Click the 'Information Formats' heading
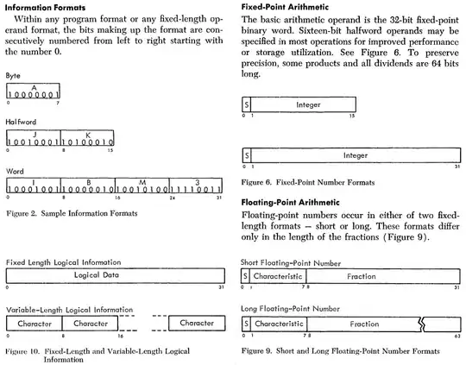(x=45, y=8)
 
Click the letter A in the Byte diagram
(x=35, y=88)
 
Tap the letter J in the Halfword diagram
(x=35, y=135)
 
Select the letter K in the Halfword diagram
(x=88, y=135)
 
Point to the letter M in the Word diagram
(x=142, y=182)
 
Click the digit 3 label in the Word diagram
(x=197, y=182)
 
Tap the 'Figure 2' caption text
(x=72, y=213)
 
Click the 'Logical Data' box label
(x=97, y=275)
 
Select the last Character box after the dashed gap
(x=197, y=323)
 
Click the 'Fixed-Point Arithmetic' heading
(x=285, y=7)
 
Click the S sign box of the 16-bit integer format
(x=246, y=104)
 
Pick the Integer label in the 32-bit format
(x=356, y=155)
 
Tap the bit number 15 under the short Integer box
(x=352, y=116)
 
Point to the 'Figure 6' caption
(x=308, y=182)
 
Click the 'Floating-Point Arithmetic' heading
(x=290, y=203)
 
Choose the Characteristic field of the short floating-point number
(x=278, y=276)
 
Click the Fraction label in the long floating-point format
(x=364, y=324)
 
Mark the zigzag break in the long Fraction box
(x=422, y=324)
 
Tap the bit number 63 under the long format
(x=457, y=337)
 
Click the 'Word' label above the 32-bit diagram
(x=15, y=172)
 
